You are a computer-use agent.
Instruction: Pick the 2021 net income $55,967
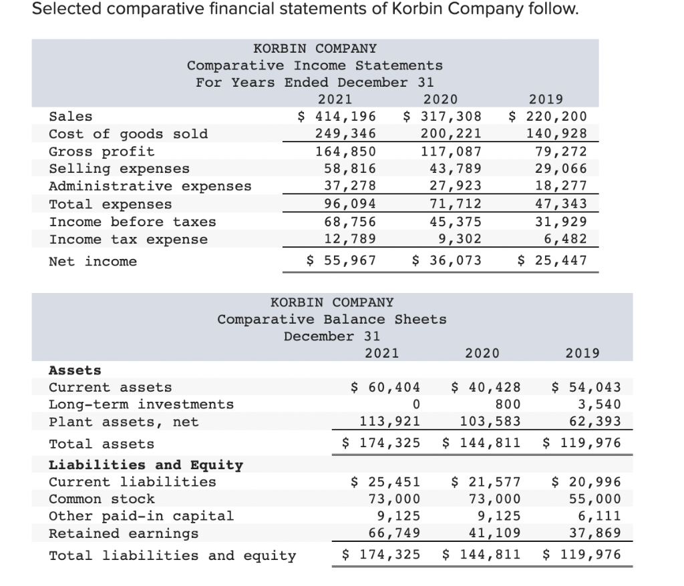(341, 260)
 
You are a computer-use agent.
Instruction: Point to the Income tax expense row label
(128, 239)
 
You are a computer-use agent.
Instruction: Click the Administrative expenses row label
(150, 186)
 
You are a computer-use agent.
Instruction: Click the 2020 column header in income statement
(441, 99)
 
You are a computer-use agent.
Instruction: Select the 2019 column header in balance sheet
(582, 352)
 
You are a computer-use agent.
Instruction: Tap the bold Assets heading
(75, 370)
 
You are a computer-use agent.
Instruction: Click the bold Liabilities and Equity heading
(146, 465)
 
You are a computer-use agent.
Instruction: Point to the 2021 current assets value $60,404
(386, 387)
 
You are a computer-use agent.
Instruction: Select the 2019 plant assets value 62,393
(598, 421)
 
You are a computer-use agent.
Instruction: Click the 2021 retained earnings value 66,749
(395, 533)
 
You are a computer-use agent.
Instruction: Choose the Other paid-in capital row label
(142, 516)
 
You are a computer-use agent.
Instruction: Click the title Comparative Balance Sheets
(332, 319)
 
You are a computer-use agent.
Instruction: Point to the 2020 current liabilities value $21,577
(486, 482)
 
